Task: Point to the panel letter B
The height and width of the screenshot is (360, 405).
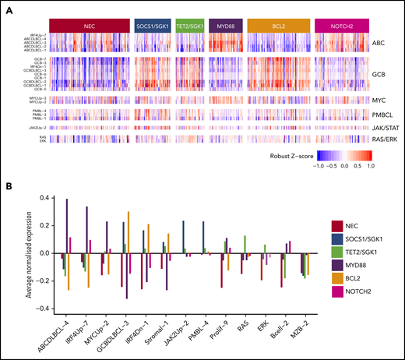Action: click(x=9, y=185)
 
